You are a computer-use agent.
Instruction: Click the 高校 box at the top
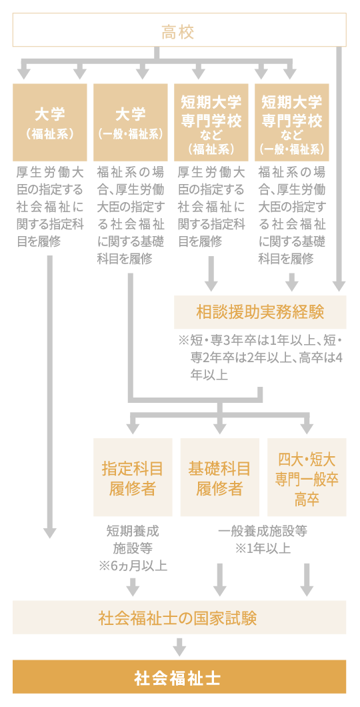179,31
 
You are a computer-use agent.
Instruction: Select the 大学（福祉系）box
50,122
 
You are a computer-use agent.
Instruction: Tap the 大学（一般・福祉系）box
131,122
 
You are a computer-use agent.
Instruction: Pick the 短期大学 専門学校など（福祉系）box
211,122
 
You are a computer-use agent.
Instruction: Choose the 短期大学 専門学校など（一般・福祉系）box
291,122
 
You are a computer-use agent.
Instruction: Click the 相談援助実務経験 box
260,311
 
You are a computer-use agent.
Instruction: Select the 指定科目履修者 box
133,478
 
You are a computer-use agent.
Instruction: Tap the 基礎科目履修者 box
219,478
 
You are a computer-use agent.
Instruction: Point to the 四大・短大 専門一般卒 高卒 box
307,478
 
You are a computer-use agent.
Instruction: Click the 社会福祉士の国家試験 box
179,617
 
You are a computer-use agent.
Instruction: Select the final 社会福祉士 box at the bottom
179,677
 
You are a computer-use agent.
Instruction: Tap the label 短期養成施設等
133,540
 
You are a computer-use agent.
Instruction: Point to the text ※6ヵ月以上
133,566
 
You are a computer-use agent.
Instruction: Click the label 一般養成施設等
262,532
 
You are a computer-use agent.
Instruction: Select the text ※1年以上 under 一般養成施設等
262,548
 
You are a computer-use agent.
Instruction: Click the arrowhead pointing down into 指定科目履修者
133,426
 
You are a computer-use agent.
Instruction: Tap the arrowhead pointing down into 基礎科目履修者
220,426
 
